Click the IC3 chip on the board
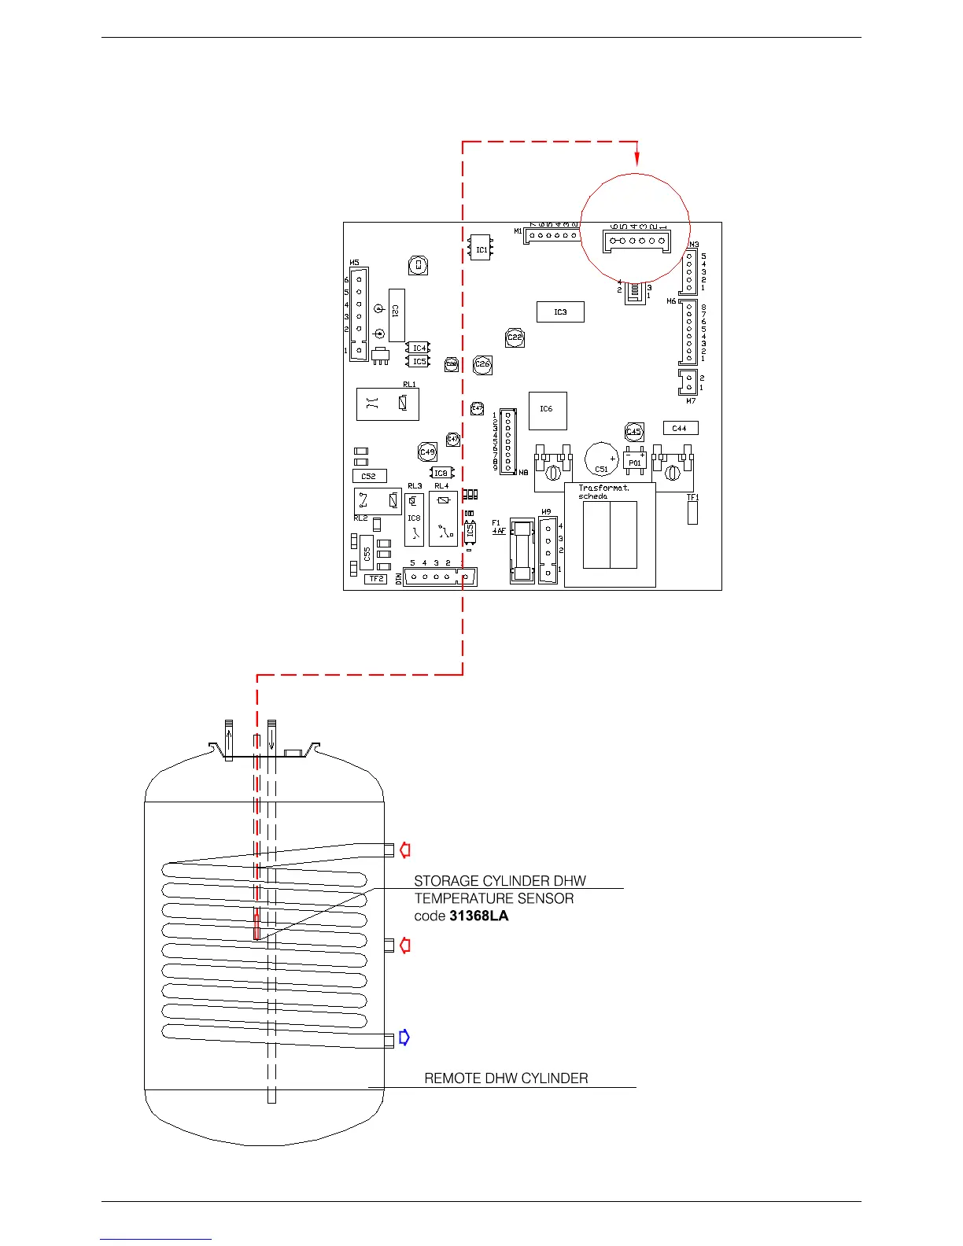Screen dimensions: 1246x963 pos(560,312)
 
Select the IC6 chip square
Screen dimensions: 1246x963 pos(547,410)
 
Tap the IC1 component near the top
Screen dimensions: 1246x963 pos(481,249)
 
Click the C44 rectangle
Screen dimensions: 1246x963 pos(680,428)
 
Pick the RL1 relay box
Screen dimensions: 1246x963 pos(387,404)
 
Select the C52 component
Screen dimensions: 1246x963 pos(369,476)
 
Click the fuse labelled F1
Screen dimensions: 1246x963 pos(522,551)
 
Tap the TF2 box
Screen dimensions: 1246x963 pos(376,579)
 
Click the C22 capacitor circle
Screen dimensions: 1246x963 pos(515,337)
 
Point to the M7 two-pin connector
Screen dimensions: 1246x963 pos(688,382)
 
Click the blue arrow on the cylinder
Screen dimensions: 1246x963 pos(404,1038)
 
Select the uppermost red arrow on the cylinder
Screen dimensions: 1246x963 pos(405,850)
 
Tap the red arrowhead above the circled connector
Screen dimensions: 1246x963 pos(637,160)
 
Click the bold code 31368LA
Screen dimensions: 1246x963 pos(478,916)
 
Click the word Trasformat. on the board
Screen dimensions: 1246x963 pos(603,488)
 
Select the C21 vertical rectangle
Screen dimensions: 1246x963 pos(396,314)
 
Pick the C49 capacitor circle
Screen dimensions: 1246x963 pos(427,452)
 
